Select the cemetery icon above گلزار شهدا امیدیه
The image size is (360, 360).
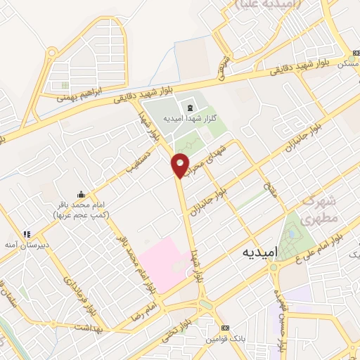pos(189,107)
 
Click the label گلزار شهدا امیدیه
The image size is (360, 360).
pos(185,119)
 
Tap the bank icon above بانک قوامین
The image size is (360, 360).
pos(225,328)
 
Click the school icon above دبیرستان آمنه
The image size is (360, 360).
pos(27,234)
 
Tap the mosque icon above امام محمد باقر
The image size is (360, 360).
pos(82,195)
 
